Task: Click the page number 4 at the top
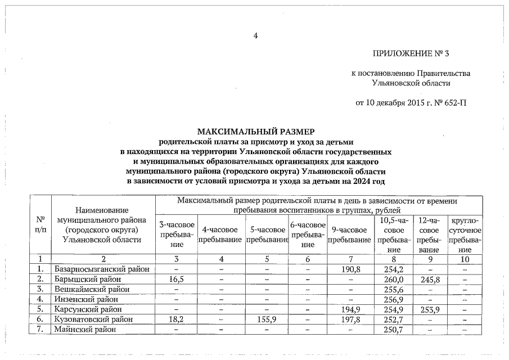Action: click(x=255, y=35)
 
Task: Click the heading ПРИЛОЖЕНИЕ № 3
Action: click(x=411, y=54)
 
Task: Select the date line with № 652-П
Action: click(x=411, y=102)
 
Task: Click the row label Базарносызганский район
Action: click(x=102, y=269)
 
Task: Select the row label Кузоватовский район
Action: click(x=93, y=319)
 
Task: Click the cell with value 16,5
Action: click(x=177, y=279)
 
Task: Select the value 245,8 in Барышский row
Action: click(x=429, y=279)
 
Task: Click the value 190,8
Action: click(x=351, y=269)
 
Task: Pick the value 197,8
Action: click(x=351, y=319)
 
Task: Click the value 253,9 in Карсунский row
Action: click(x=429, y=309)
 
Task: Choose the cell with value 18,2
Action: click(x=177, y=319)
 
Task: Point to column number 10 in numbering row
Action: click(x=465, y=259)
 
